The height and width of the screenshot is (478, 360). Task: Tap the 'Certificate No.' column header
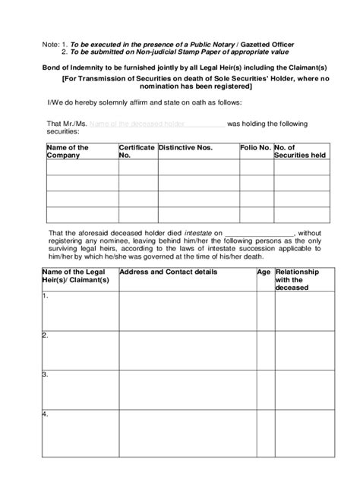click(x=137, y=151)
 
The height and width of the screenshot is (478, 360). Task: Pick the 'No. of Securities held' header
click(x=300, y=151)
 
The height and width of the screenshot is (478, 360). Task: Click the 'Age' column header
click(x=264, y=271)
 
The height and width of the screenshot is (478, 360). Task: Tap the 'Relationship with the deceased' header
click(x=298, y=279)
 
